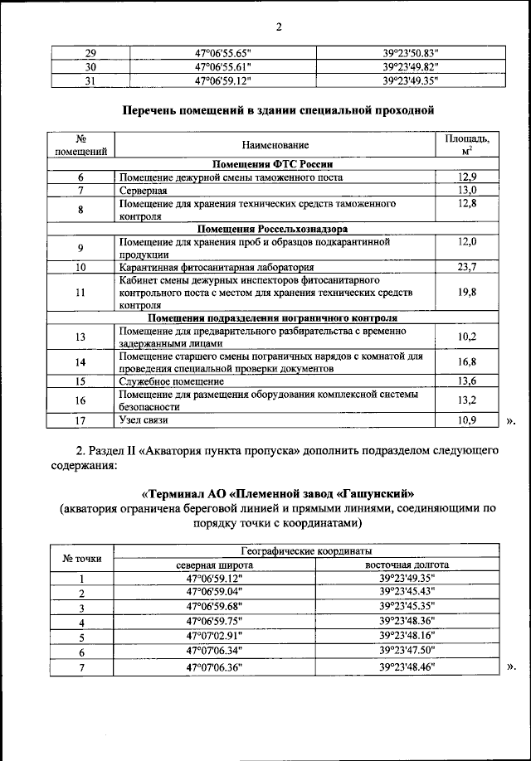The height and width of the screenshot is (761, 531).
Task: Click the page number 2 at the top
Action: pos(279,27)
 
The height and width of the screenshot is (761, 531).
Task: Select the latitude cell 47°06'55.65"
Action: pos(223,54)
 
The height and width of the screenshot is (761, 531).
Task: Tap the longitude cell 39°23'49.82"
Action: pos(409,67)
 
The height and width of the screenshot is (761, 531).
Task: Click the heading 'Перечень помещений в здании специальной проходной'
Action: pos(279,109)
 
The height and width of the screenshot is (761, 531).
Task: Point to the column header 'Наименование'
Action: pos(275,145)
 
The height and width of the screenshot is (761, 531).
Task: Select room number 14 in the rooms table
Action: pos(80,361)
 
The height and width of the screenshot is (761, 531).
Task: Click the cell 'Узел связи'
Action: pos(144,420)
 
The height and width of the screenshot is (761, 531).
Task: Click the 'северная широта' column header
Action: pos(215,565)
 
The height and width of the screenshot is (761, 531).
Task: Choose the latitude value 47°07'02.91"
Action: pos(215,636)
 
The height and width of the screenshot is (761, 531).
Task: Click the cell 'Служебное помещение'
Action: pos(172,381)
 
